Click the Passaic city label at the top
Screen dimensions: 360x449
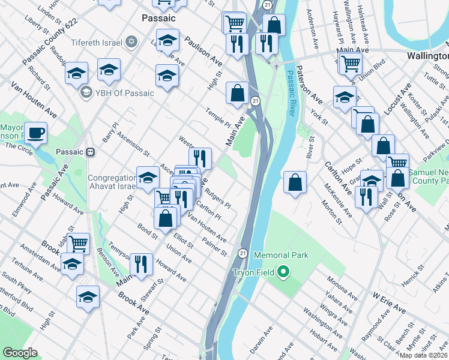click(x=158, y=19)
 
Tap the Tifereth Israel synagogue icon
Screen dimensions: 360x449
click(x=132, y=42)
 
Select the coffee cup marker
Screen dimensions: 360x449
click(x=35, y=133)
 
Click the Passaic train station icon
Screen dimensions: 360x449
click(x=91, y=152)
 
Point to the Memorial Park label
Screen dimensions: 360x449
click(x=281, y=255)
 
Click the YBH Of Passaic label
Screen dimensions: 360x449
click(x=125, y=93)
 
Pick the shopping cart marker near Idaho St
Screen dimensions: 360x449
click(x=79, y=244)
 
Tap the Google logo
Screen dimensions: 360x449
click(x=20, y=353)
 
